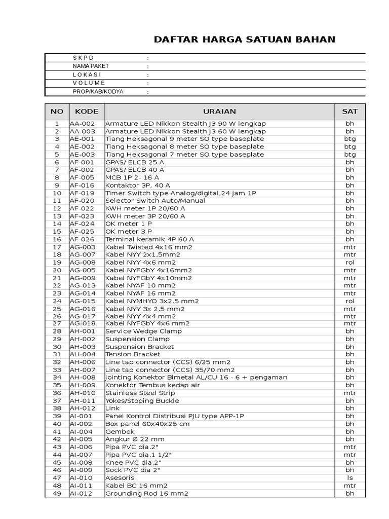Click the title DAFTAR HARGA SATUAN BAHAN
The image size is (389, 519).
tap(245, 40)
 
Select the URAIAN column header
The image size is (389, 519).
tap(219, 112)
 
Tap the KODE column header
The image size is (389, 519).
tap(87, 112)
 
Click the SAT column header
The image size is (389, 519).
tap(349, 112)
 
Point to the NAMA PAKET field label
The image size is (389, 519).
tap(91, 66)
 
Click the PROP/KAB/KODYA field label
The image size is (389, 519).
tap(98, 92)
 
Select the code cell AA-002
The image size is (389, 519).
tap(81, 124)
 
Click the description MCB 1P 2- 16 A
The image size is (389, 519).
tap(133, 177)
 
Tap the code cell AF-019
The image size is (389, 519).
tap(81, 193)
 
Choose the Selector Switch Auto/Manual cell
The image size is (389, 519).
tap(155, 201)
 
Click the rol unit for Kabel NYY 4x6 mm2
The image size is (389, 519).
tap(349, 263)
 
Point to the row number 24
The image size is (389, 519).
tap(57, 301)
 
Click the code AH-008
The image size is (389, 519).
tap(81, 378)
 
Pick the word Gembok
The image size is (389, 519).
tap(118, 431)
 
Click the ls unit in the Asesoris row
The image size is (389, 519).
tap(349, 478)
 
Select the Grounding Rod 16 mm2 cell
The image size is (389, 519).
tap(147, 493)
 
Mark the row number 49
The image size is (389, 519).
tap(57, 493)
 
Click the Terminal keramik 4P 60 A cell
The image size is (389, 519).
tap(149, 239)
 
